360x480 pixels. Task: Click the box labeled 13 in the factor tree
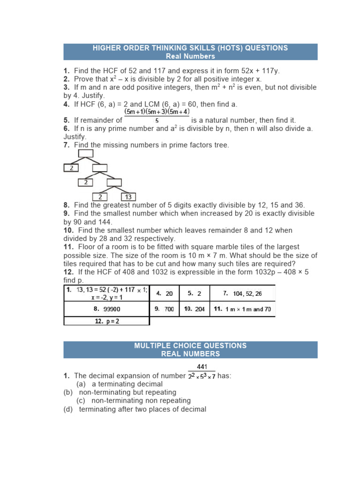point(128,197)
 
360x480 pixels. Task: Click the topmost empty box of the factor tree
point(86,153)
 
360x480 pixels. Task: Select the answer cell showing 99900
point(106,309)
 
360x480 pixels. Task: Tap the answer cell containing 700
point(165,309)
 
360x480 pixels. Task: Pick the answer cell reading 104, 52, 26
point(242,293)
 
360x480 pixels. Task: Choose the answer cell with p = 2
point(106,321)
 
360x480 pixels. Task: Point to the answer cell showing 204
point(195,309)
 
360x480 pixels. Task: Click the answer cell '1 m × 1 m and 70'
point(242,309)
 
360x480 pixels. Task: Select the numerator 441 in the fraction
point(202,367)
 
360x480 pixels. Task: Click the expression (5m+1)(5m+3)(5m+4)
point(157,112)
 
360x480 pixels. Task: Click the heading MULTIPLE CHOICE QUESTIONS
point(190,345)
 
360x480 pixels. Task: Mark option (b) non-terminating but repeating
point(120,392)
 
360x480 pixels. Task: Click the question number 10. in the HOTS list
point(69,231)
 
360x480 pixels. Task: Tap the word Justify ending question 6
point(75,137)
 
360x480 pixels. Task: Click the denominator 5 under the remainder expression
point(157,121)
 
